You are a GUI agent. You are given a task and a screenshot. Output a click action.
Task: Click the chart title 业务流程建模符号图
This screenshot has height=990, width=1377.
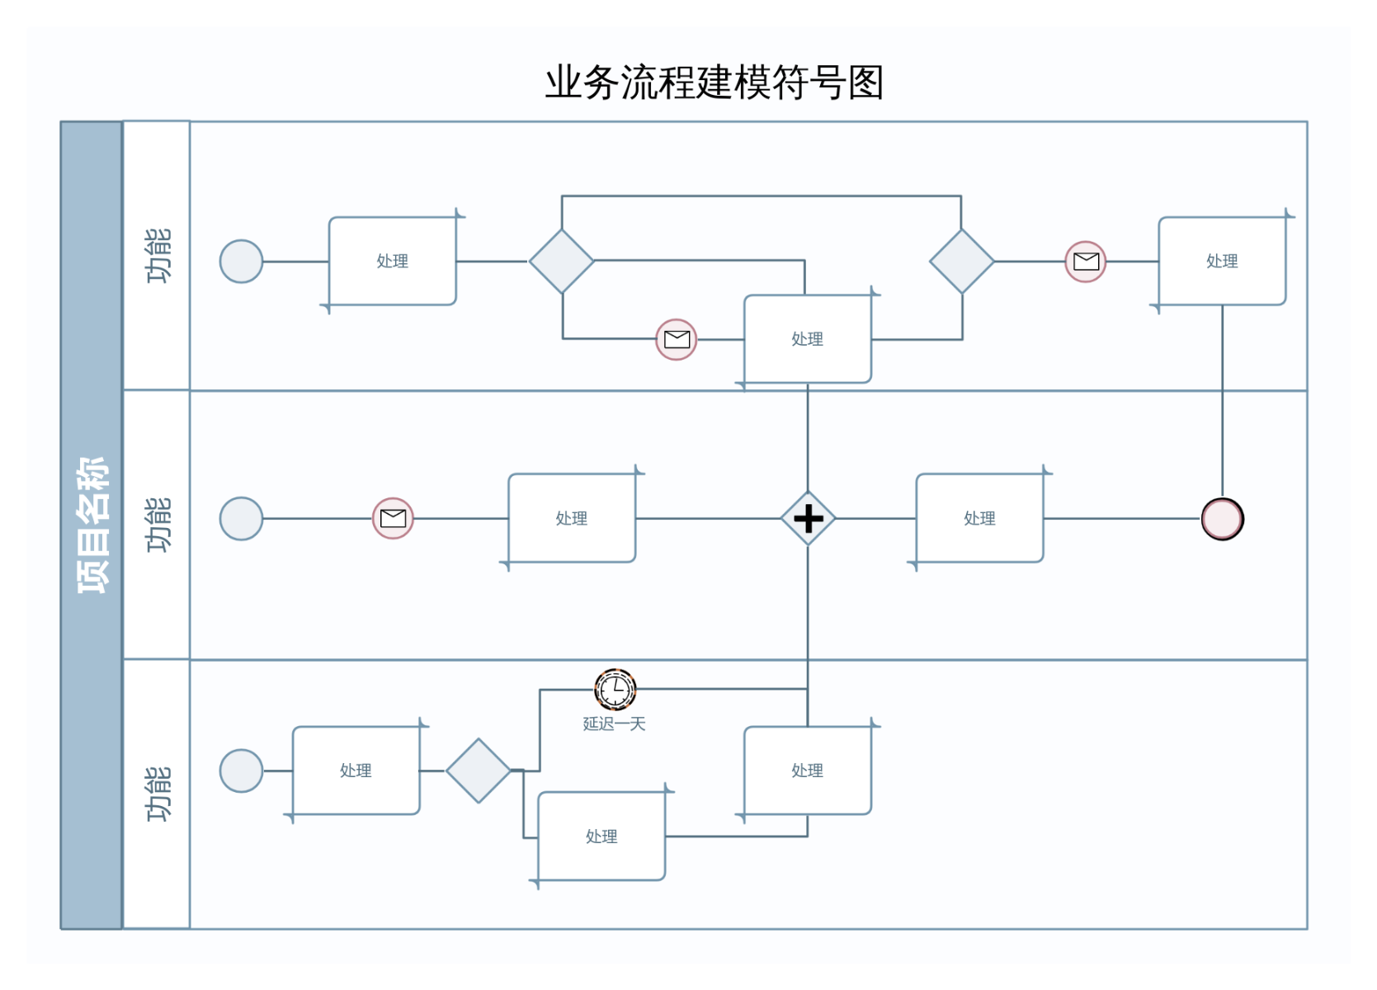click(x=714, y=82)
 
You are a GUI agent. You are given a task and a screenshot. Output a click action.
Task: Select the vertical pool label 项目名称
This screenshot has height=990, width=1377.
click(x=92, y=525)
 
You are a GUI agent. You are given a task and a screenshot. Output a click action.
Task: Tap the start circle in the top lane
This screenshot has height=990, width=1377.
click(x=241, y=262)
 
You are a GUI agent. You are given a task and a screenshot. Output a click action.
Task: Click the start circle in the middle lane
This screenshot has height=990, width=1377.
click(x=241, y=519)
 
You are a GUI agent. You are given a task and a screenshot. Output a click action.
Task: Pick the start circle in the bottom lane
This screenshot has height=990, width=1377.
click(x=241, y=771)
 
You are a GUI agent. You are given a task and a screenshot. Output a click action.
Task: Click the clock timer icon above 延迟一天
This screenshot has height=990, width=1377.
click(x=615, y=689)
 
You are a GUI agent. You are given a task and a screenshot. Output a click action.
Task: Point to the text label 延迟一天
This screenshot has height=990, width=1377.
click(x=614, y=724)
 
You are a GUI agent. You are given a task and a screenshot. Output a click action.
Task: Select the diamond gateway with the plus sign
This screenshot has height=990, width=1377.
click(x=809, y=519)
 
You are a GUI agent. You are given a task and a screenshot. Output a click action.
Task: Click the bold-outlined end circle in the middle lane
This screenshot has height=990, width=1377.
click(x=1222, y=519)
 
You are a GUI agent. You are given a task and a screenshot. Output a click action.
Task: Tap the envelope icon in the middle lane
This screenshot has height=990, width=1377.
click(x=393, y=518)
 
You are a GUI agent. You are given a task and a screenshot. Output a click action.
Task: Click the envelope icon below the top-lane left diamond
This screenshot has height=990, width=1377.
click(x=677, y=339)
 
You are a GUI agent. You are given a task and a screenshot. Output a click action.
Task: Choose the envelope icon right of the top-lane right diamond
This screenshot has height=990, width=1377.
click(x=1086, y=262)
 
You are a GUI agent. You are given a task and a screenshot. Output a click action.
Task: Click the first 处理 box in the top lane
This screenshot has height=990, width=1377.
click(x=393, y=262)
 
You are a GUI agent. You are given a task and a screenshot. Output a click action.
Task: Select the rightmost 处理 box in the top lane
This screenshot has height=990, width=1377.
click(x=1222, y=262)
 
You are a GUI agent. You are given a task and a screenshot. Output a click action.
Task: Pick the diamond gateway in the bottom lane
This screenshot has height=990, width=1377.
click(x=479, y=771)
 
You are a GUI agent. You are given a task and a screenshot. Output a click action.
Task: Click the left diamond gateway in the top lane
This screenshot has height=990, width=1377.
click(x=562, y=262)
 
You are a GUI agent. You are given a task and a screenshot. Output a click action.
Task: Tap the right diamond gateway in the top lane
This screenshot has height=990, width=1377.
click(x=961, y=262)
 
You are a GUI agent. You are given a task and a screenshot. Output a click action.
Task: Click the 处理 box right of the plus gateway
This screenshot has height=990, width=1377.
click(x=979, y=519)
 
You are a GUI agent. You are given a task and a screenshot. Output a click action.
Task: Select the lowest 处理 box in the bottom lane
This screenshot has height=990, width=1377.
click(x=601, y=837)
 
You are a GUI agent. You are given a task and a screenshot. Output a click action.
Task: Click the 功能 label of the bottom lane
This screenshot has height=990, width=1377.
click(x=158, y=794)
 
